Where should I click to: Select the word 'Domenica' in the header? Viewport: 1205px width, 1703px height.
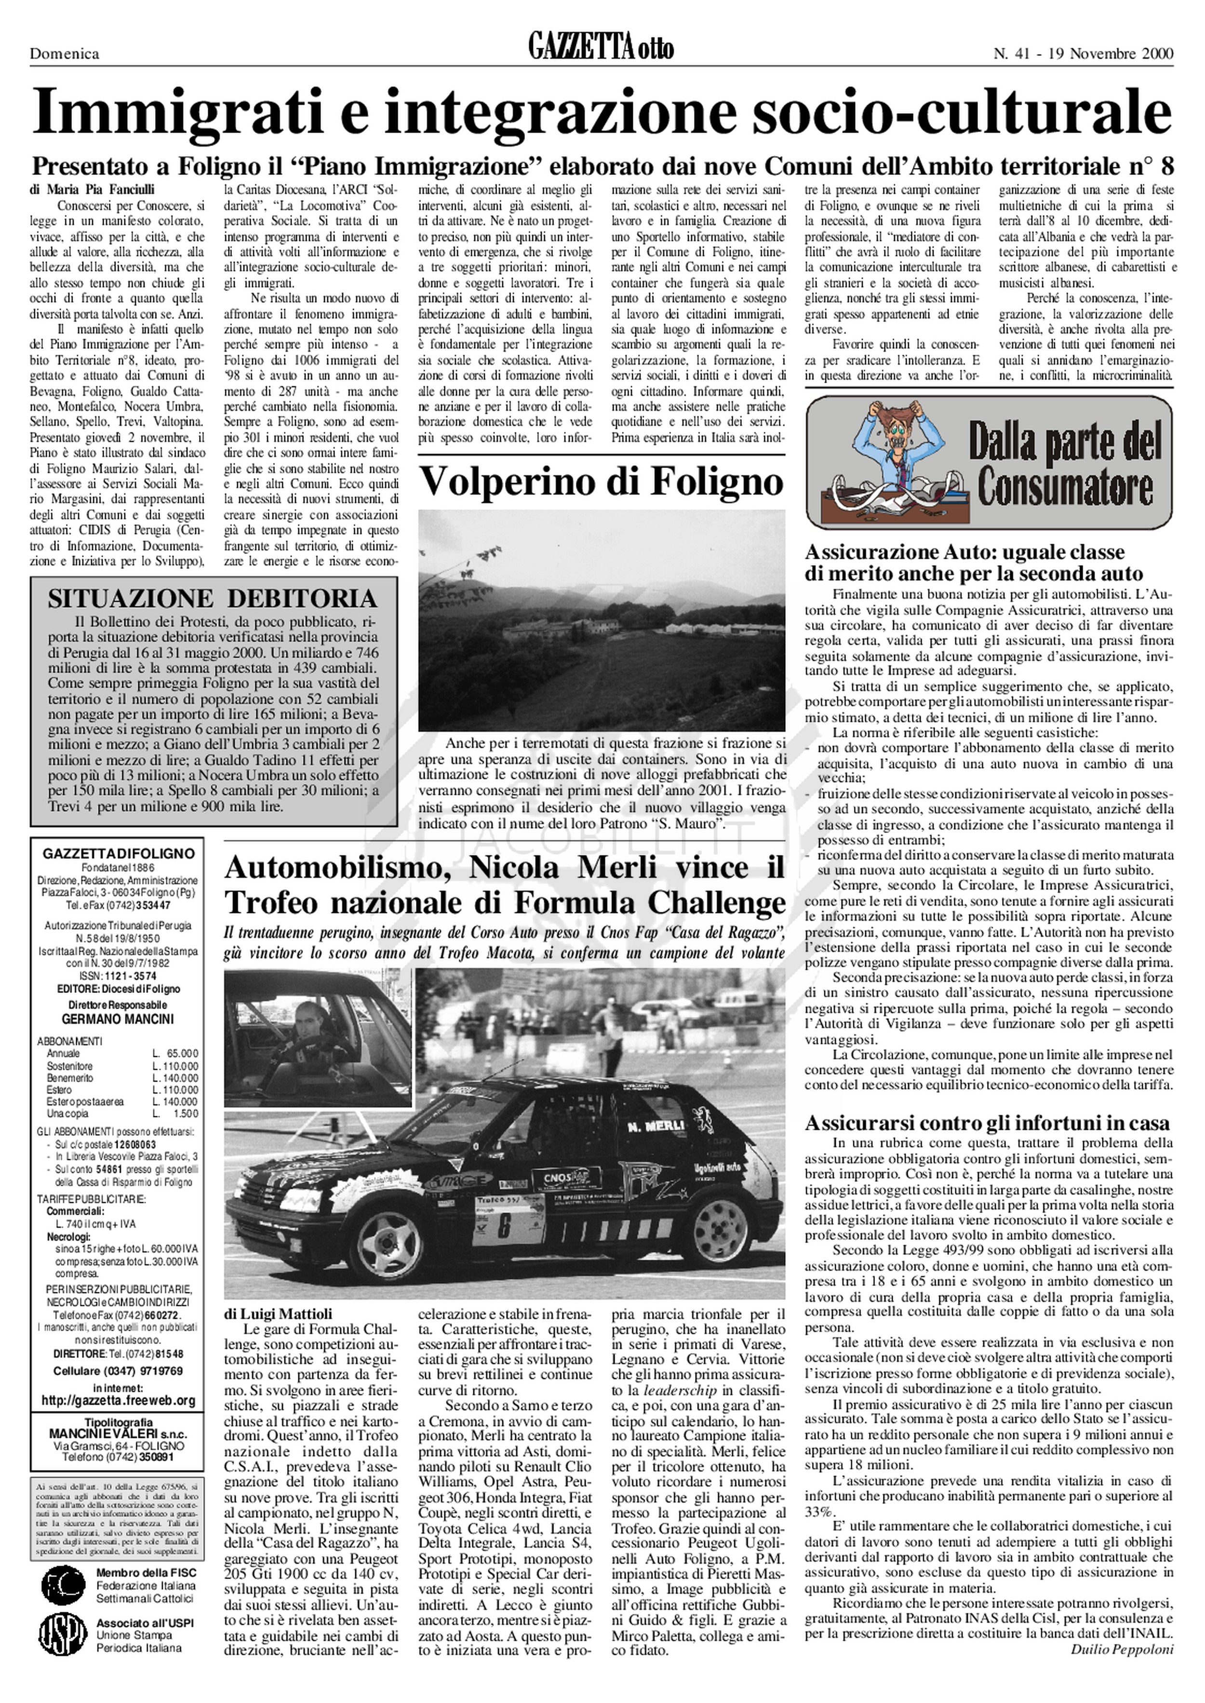(65, 54)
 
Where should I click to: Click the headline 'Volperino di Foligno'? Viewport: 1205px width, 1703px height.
(601, 483)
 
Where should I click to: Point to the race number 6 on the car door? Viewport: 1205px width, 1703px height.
(505, 1225)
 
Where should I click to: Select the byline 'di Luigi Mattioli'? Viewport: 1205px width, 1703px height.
(278, 1314)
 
